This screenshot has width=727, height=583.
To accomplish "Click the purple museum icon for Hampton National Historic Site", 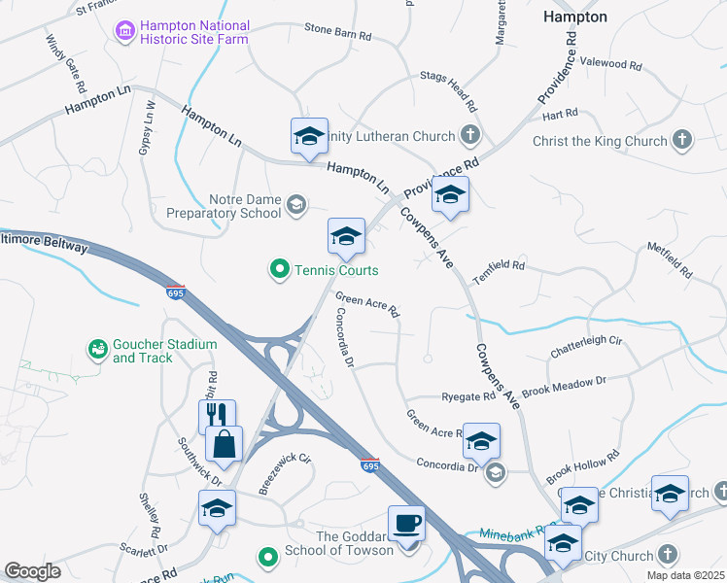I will click(x=124, y=32).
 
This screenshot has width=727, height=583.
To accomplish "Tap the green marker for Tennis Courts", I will click(x=280, y=269).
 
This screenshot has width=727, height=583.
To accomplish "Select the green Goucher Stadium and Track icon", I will click(x=97, y=349).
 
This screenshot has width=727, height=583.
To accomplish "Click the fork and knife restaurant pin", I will click(x=218, y=416).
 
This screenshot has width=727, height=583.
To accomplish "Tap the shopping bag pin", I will click(x=224, y=444).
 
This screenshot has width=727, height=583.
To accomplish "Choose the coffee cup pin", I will click(x=406, y=524).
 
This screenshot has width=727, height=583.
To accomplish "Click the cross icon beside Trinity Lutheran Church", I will click(x=470, y=136).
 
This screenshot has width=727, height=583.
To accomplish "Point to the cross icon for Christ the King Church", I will click(x=682, y=141).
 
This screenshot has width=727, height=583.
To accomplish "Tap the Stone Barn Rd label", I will click(x=338, y=33).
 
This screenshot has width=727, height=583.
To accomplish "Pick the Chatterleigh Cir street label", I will click(x=586, y=340).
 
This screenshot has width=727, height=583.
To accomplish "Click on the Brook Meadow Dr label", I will click(x=564, y=384).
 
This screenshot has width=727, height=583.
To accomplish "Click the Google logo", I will click(x=33, y=570).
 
